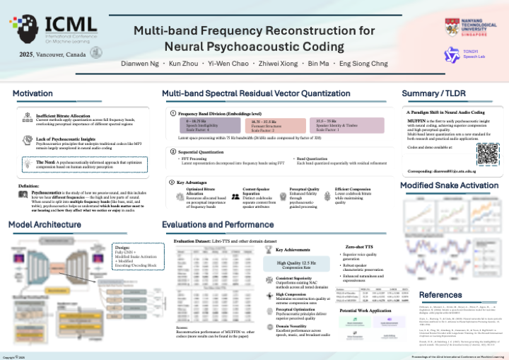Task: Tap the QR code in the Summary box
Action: pos(487,155)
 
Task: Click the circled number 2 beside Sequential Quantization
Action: pos(172,151)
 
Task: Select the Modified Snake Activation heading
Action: pos(449,185)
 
